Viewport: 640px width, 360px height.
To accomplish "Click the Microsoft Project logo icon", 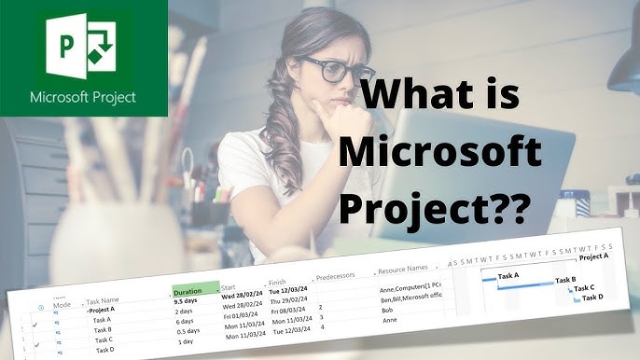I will (83, 47).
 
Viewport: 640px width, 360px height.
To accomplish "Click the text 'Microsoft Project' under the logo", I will (83, 96).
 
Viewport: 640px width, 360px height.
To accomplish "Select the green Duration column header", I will (195, 290).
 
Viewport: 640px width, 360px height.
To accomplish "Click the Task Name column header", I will (107, 301).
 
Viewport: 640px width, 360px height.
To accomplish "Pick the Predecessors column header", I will (342, 277).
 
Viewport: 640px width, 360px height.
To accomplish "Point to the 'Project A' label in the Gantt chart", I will (593, 256).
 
